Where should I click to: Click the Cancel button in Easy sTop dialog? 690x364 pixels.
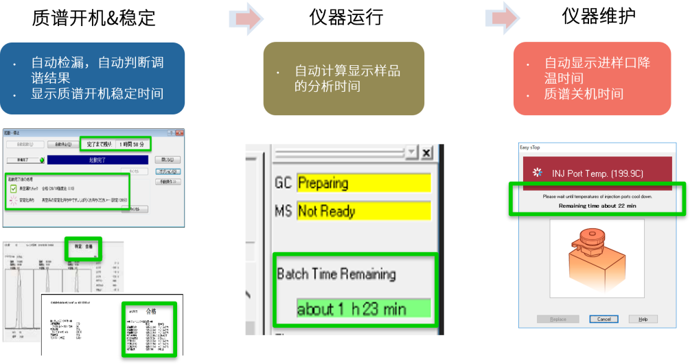(x=603, y=319)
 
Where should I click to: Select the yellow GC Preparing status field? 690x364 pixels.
(x=363, y=183)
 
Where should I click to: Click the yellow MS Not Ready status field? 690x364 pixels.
(x=363, y=211)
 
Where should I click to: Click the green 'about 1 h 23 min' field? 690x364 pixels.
(x=363, y=309)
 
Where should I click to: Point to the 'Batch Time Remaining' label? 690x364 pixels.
(x=336, y=274)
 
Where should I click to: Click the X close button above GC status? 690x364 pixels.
(x=426, y=152)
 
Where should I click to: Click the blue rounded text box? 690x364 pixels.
(x=92, y=78)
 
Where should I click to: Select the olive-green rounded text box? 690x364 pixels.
(x=343, y=78)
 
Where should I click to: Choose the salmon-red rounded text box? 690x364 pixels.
(x=592, y=78)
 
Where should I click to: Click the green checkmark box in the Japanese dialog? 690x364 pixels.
(x=14, y=188)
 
